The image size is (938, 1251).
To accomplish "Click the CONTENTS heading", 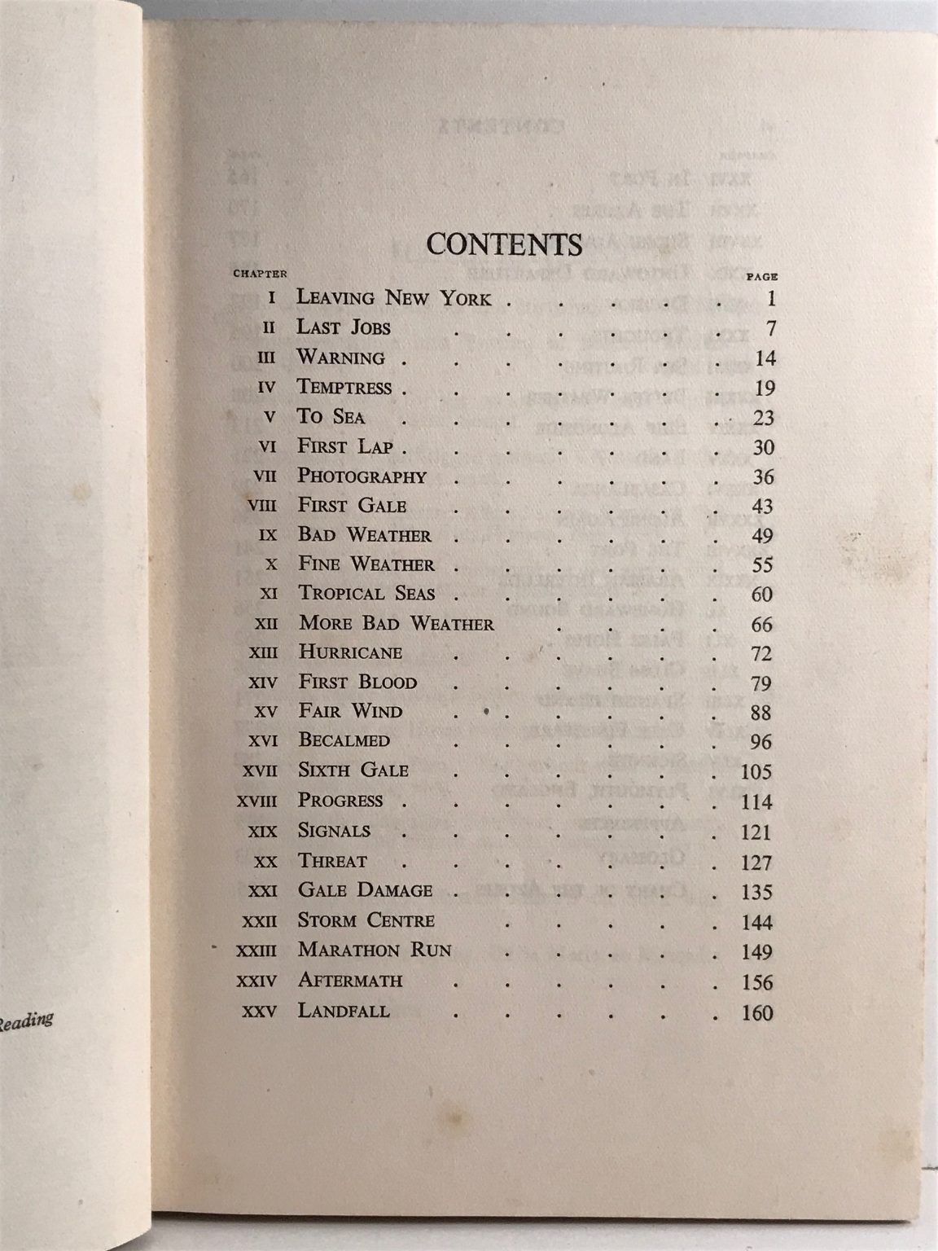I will point(504,244).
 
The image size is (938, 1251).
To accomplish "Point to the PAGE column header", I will point(762,276).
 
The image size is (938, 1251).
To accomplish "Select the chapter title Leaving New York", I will point(393,297).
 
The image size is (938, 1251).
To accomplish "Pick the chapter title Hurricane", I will point(350,652).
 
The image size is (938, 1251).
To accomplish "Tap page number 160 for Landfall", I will point(756,1014).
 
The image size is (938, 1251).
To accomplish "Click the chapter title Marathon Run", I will point(375,950).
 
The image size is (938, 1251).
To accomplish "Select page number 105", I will point(756,771).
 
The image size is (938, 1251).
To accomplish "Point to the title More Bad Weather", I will point(397,624).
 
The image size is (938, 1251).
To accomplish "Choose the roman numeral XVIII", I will point(256,801).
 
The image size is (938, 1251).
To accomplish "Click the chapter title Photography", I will point(362,476).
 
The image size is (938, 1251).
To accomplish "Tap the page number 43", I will point(762,507).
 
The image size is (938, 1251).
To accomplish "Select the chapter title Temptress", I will point(344,387).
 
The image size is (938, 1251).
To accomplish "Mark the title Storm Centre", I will point(366,920).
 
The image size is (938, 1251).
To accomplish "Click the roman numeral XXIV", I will point(256,982).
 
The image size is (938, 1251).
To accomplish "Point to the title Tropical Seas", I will point(366,594).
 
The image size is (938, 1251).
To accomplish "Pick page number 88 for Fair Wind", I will point(762,713).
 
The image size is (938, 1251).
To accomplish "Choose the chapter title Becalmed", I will point(344,740).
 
